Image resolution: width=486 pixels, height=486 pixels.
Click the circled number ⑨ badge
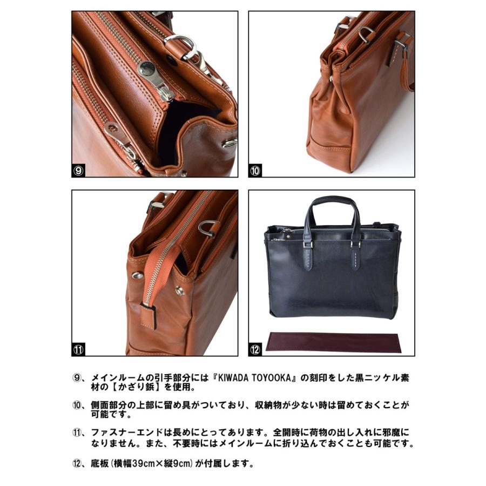(79, 171)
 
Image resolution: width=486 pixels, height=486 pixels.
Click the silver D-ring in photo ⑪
(207, 228)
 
